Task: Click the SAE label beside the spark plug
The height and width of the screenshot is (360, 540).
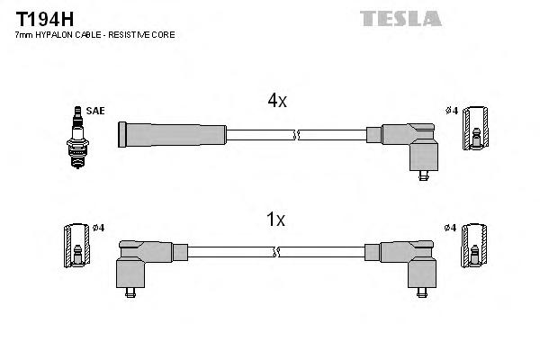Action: tap(96, 111)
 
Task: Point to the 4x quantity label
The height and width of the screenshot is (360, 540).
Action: tap(276, 102)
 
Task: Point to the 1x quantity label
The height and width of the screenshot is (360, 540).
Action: tap(276, 219)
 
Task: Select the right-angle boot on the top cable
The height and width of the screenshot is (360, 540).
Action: tap(410, 144)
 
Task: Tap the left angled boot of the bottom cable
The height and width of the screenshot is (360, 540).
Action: tap(148, 261)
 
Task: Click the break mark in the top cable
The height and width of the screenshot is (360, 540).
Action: tap(296, 136)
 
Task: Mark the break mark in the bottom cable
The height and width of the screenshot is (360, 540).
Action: tap(296, 253)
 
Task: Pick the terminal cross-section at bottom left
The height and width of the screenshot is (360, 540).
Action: tap(77, 245)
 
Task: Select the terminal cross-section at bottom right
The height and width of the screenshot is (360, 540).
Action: tap(474, 245)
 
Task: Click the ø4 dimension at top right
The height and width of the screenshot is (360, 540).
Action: tap(452, 111)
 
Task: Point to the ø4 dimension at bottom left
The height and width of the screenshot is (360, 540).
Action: tap(98, 228)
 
